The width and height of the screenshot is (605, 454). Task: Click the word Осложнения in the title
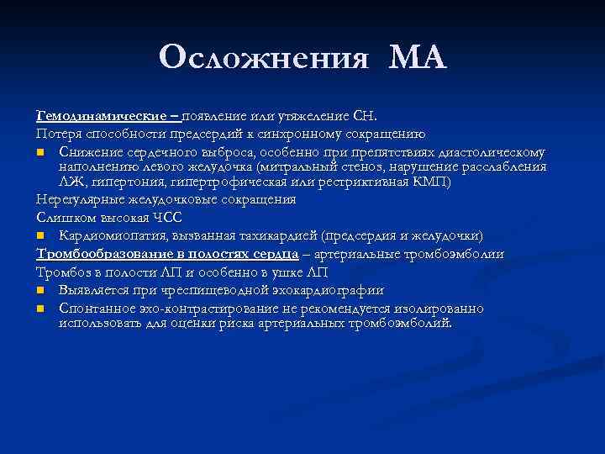(x=263, y=58)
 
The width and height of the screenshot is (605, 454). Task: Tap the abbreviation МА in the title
(x=418, y=58)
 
